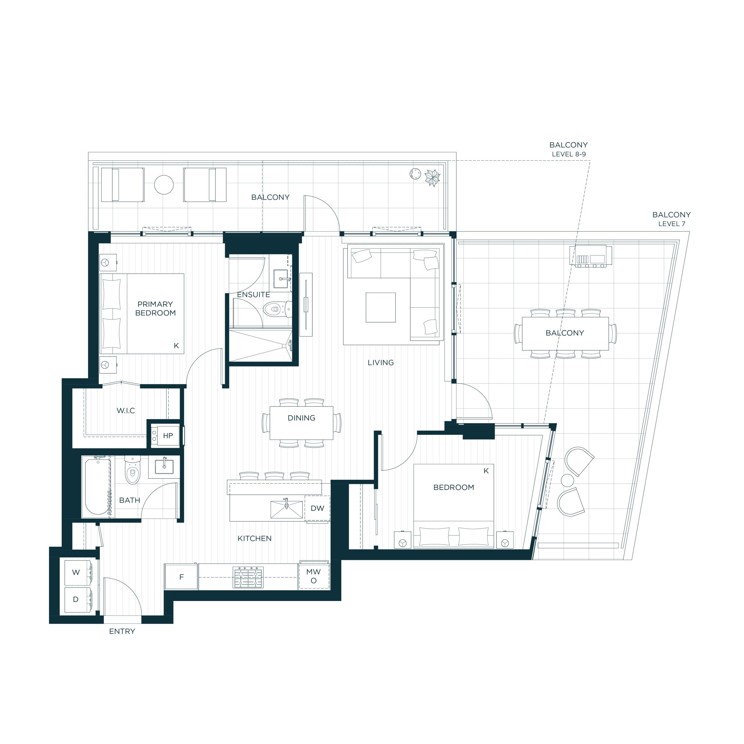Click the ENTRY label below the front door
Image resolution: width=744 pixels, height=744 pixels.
click(122, 631)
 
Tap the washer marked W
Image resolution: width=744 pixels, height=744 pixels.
click(78, 572)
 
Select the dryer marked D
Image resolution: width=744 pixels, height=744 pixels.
click(78, 600)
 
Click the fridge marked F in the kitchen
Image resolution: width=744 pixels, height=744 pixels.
click(181, 577)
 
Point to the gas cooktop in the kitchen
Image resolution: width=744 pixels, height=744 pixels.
click(248, 577)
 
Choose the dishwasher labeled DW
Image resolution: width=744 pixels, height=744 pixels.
click(317, 508)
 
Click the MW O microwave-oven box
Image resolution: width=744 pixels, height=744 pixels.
click(314, 577)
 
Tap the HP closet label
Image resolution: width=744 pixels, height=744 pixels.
click(168, 436)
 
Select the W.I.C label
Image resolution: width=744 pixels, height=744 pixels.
click(126, 411)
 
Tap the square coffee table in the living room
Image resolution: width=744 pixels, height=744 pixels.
click(380, 307)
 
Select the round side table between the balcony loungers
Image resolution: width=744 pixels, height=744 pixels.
click(164, 185)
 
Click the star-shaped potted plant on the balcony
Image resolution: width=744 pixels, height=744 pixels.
click(432, 178)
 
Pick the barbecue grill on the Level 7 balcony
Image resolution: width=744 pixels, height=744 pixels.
click(590, 255)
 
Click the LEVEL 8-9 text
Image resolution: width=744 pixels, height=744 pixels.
click(569, 154)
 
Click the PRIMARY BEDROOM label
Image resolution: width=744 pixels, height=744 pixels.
click(155, 308)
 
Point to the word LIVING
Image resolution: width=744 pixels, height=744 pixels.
click(380, 362)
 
